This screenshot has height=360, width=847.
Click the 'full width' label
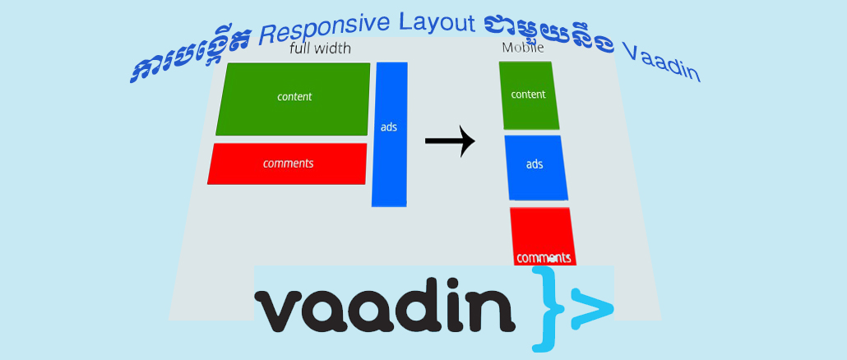click(x=320, y=49)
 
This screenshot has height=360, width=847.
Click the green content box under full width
click(x=294, y=99)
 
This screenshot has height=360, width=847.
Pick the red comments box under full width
click(x=287, y=164)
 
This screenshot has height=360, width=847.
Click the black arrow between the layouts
click(x=450, y=141)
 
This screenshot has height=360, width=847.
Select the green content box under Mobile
click(x=529, y=95)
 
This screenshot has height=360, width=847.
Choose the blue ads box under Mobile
click(x=536, y=167)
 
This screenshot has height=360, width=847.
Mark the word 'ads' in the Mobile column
click(x=535, y=164)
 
